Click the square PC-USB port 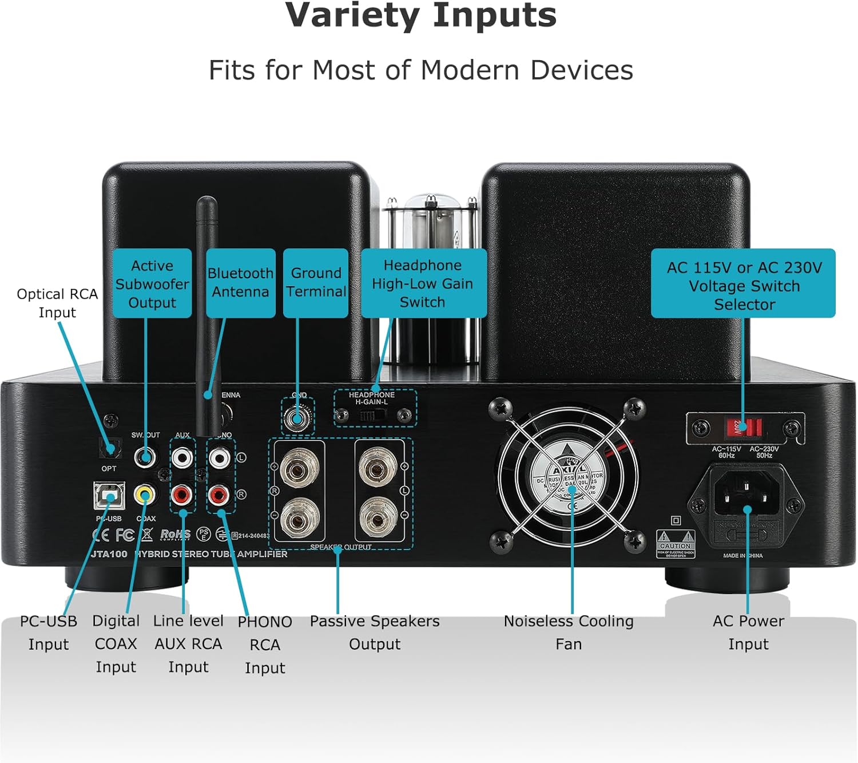pyautogui.click(x=109, y=496)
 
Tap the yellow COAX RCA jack pyautogui.click(x=145, y=494)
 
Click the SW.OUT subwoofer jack pyautogui.click(x=145, y=457)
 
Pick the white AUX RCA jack pyautogui.click(x=182, y=457)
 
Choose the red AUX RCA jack pyautogui.click(x=182, y=494)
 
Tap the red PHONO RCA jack pyautogui.click(x=219, y=494)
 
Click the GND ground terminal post pyautogui.click(x=297, y=418)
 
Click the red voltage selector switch pyautogui.click(x=744, y=427)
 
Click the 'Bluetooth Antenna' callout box pyautogui.click(x=240, y=283)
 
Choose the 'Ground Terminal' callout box pyautogui.click(x=316, y=283)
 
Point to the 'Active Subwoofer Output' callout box pyautogui.click(x=152, y=283)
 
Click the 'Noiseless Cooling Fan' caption pyautogui.click(x=569, y=632)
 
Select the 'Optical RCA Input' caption pyautogui.click(x=57, y=303)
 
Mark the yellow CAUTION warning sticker pyautogui.click(x=676, y=544)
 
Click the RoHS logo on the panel pyautogui.click(x=175, y=534)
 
